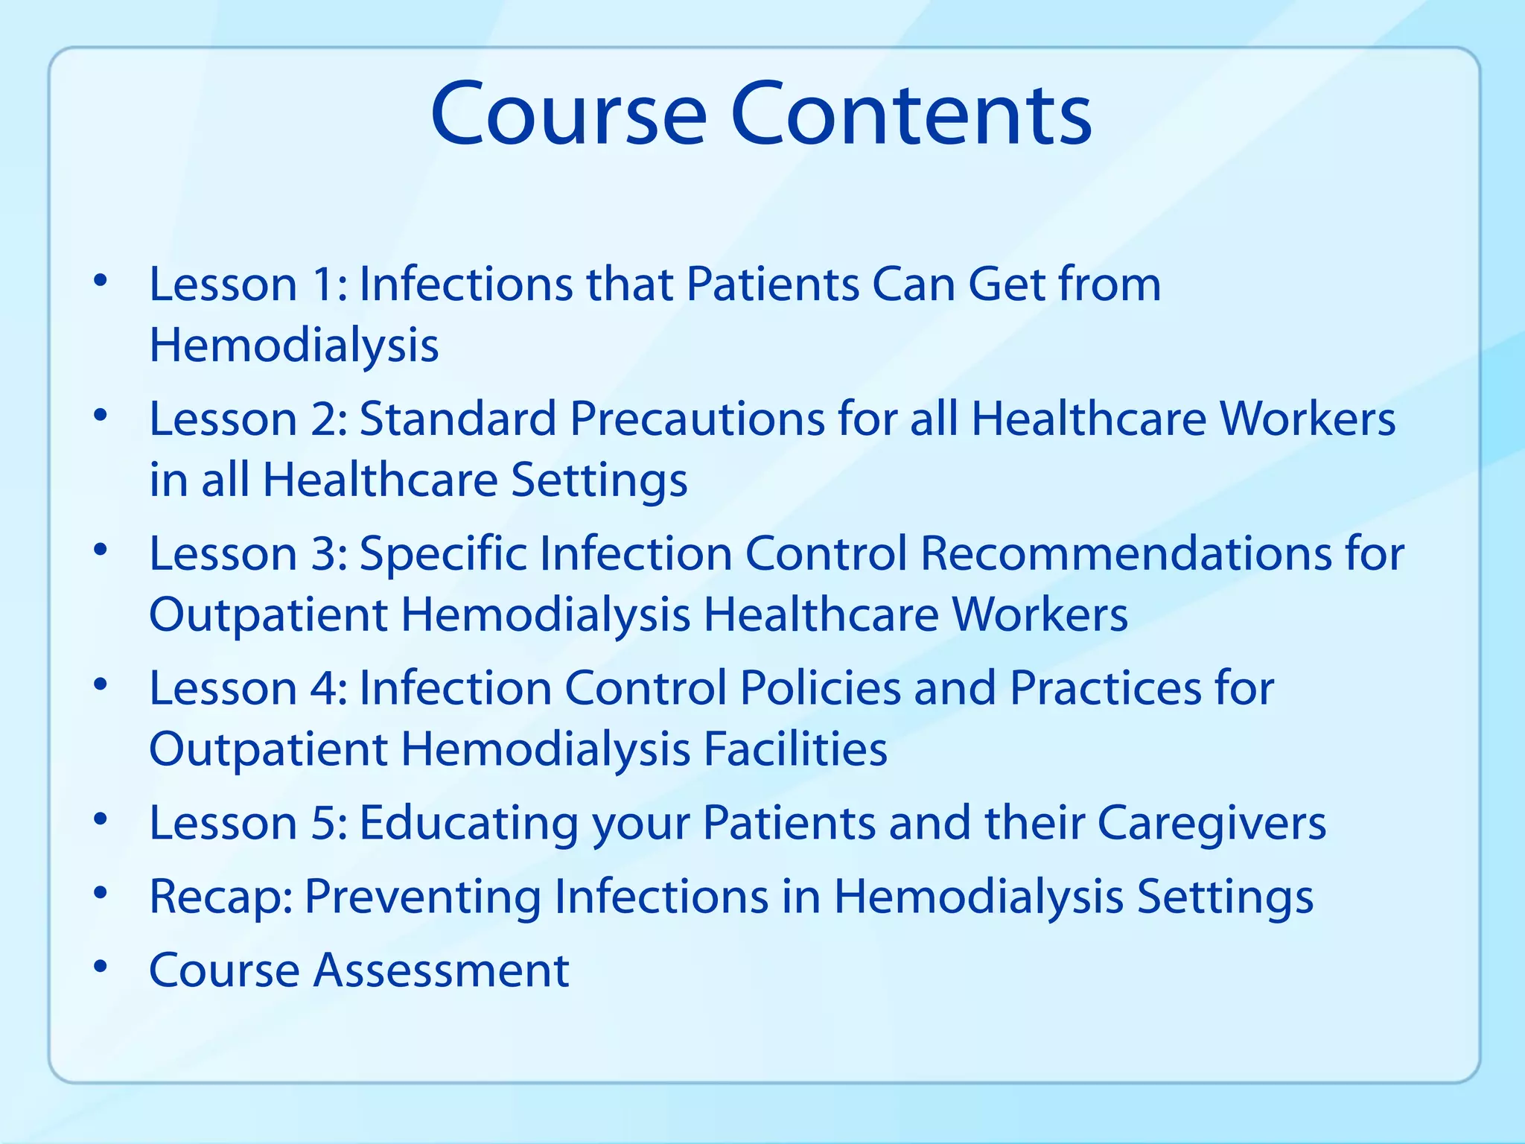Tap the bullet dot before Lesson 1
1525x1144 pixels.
(x=101, y=282)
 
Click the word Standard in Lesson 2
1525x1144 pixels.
(x=458, y=419)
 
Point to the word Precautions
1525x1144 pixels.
(x=697, y=419)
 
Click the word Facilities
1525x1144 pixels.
(x=796, y=749)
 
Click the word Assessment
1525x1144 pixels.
(x=441, y=970)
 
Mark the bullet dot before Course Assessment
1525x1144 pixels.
(x=101, y=967)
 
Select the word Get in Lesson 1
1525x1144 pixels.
(x=1007, y=285)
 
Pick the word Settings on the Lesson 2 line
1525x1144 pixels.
(x=599, y=480)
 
